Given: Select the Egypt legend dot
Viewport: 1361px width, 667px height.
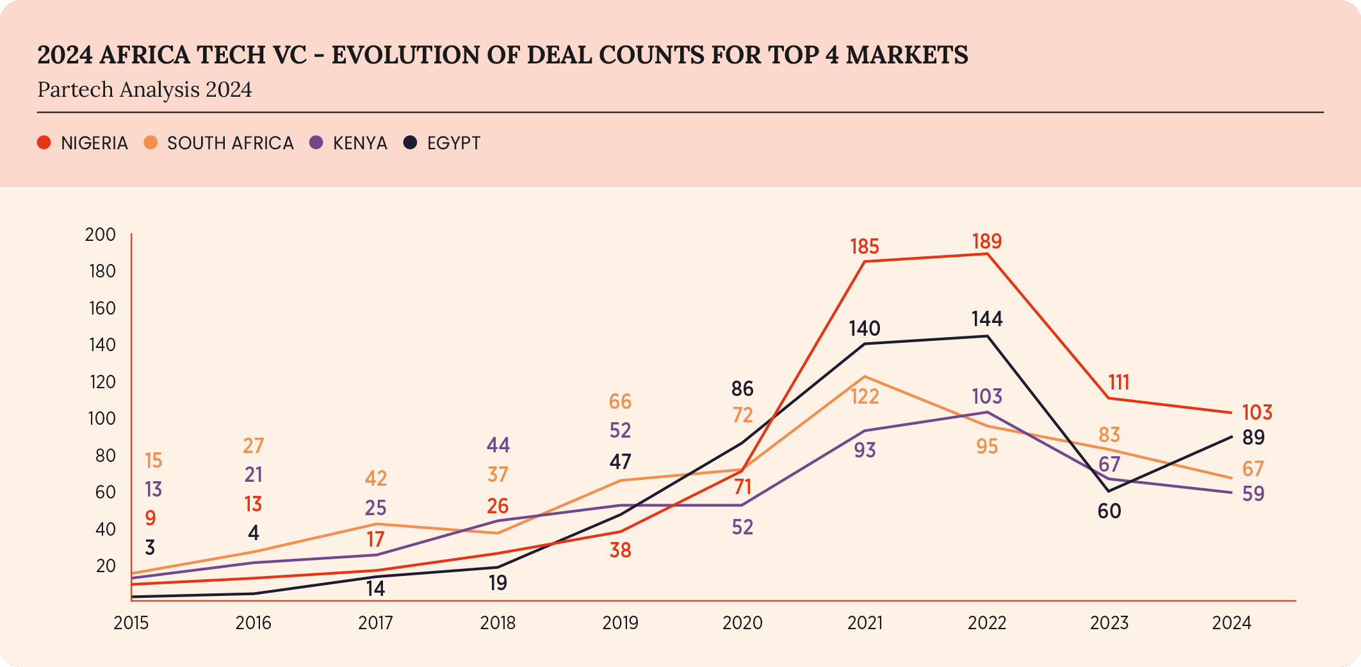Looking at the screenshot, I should pos(410,142).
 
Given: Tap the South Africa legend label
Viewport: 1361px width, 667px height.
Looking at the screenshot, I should pos(230,143).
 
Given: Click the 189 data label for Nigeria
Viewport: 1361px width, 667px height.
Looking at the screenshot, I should pos(986,242).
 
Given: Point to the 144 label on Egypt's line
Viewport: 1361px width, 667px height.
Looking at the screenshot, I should pos(986,319).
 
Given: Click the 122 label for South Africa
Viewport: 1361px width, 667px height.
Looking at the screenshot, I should pos(865,397).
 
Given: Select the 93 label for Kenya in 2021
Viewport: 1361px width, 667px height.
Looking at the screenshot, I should pos(865,450).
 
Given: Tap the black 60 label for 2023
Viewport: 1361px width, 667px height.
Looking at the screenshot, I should pos(1109,511).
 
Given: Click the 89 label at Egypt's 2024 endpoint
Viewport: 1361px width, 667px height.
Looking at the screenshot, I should pos(1253,438).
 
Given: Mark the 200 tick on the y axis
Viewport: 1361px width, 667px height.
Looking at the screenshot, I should pos(101,235).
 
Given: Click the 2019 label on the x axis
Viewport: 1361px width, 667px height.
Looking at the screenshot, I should pos(620,623).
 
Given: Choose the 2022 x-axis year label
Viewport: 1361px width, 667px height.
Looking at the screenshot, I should pos(987,623).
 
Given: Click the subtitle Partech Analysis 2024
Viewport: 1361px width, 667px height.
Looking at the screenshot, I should pos(145,90).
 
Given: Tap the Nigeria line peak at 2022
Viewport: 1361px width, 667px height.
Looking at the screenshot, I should pos(987,254).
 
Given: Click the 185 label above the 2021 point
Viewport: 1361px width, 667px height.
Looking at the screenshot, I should pos(865,247).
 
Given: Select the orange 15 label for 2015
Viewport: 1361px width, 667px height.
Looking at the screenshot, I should pos(154,461).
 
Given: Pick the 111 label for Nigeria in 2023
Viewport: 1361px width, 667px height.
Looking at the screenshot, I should pos(1119,383).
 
